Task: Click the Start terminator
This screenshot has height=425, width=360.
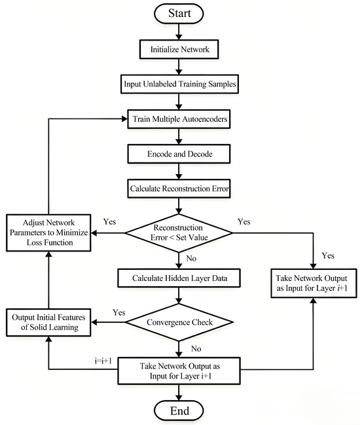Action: pyautogui.click(x=179, y=14)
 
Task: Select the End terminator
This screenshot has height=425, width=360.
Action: pyautogui.click(x=179, y=411)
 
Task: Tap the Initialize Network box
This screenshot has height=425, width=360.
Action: pyautogui.click(x=179, y=49)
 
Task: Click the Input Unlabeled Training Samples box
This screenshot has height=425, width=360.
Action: pyautogui.click(x=179, y=84)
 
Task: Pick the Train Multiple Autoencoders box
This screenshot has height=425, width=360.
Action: pyautogui.click(x=179, y=119)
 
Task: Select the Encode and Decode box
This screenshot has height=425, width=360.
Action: pyautogui.click(x=179, y=154)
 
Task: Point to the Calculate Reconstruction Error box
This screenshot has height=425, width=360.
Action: pyautogui.click(x=179, y=189)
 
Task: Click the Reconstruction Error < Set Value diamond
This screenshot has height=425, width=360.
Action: pyautogui.click(x=179, y=233)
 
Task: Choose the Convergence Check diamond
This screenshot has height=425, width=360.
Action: pyautogui.click(x=179, y=322)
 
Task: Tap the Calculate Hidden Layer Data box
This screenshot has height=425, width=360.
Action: pyautogui.click(x=179, y=278)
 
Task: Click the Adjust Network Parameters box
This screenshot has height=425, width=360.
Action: pyautogui.click(x=48, y=233)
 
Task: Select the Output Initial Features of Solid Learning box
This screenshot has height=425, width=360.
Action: pyautogui.click(x=48, y=322)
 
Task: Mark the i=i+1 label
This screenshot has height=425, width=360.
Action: pyautogui.click(x=103, y=361)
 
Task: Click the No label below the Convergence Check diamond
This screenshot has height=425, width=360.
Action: pyautogui.click(x=196, y=349)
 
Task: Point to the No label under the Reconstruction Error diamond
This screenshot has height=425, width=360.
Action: pyautogui.click(x=191, y=259)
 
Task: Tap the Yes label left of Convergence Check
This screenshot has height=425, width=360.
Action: pyautogui.click(x=119, y=312)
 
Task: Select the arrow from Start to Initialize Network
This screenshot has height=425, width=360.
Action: pyautogui.click(x=179, y=31)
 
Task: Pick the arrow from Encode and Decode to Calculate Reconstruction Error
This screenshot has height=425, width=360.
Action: pyautogui.click(x=179, y=171)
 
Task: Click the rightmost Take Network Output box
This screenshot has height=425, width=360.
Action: pyautogui.click(x=314, y=284)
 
